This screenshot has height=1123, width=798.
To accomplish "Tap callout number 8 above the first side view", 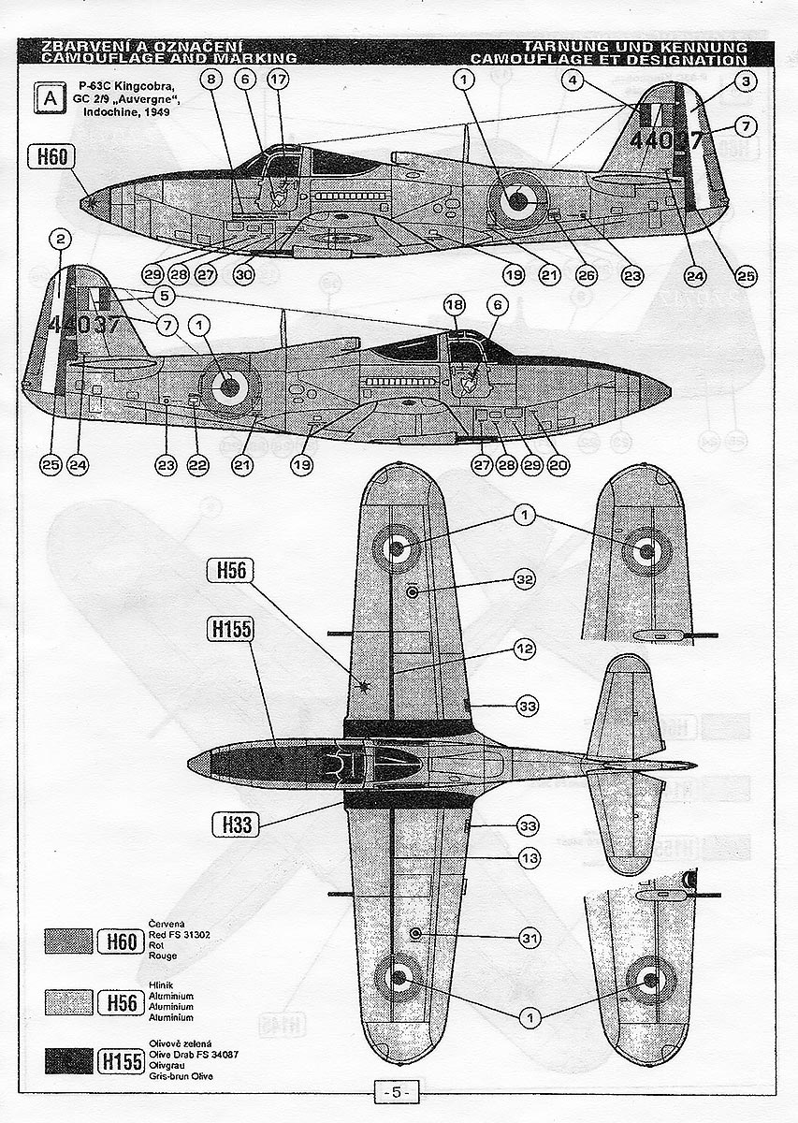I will click(211, 80).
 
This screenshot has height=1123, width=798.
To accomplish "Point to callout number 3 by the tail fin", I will click(572, 80).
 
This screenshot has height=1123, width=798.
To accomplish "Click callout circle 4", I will click(572, 80).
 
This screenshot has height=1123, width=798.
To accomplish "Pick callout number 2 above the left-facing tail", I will click(59, 240).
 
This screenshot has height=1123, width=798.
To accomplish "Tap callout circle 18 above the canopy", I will click(454, 306).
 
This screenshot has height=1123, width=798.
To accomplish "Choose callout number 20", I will click(559, 464).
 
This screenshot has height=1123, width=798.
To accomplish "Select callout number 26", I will click(586, 276).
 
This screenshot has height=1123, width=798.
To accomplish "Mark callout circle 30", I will click(244, 275).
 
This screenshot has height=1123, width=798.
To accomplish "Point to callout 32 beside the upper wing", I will click(525, 580).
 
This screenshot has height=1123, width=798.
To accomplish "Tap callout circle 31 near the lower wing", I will click(529, 937).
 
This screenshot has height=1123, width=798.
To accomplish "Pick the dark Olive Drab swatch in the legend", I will click(68, 1060).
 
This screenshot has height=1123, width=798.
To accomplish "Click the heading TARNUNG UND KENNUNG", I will click(636, 46).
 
